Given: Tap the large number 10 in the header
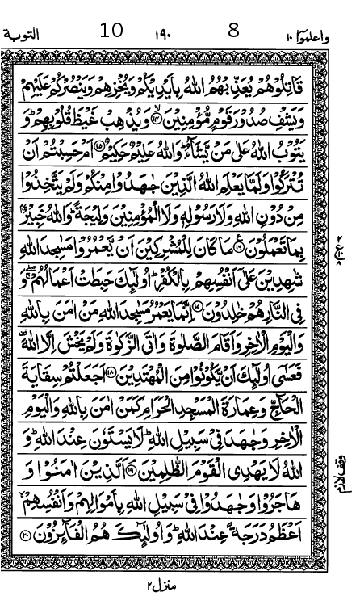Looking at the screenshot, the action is click(111, 31).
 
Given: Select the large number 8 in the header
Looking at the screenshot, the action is click(234, 31).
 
